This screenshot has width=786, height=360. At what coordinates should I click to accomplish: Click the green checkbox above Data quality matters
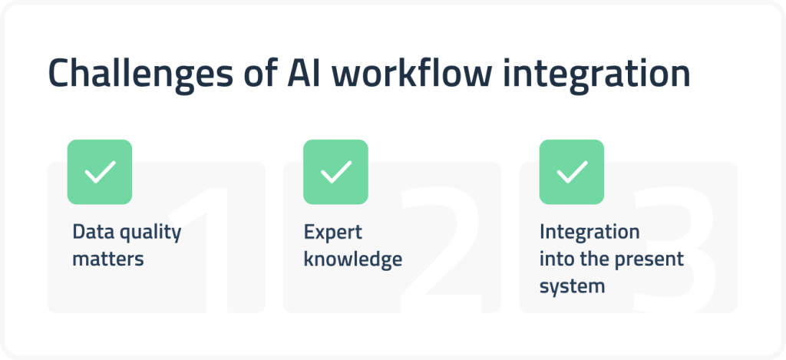pos(100,172)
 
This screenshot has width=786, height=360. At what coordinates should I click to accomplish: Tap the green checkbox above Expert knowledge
pos(335,172)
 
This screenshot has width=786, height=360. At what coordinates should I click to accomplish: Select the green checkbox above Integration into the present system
pos(572,172)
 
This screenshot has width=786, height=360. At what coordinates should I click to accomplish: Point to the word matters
pos(108,259)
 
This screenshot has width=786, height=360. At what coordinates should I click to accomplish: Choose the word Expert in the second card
pos(332,233)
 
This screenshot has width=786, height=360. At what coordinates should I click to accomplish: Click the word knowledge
pos(352,259)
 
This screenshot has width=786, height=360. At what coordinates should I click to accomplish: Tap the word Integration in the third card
pos(589,233)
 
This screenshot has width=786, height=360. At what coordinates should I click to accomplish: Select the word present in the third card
pos(646,259)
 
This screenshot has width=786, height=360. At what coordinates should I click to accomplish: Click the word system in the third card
pos(572,286)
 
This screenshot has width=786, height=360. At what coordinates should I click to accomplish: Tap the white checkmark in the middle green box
pos(335,172)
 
